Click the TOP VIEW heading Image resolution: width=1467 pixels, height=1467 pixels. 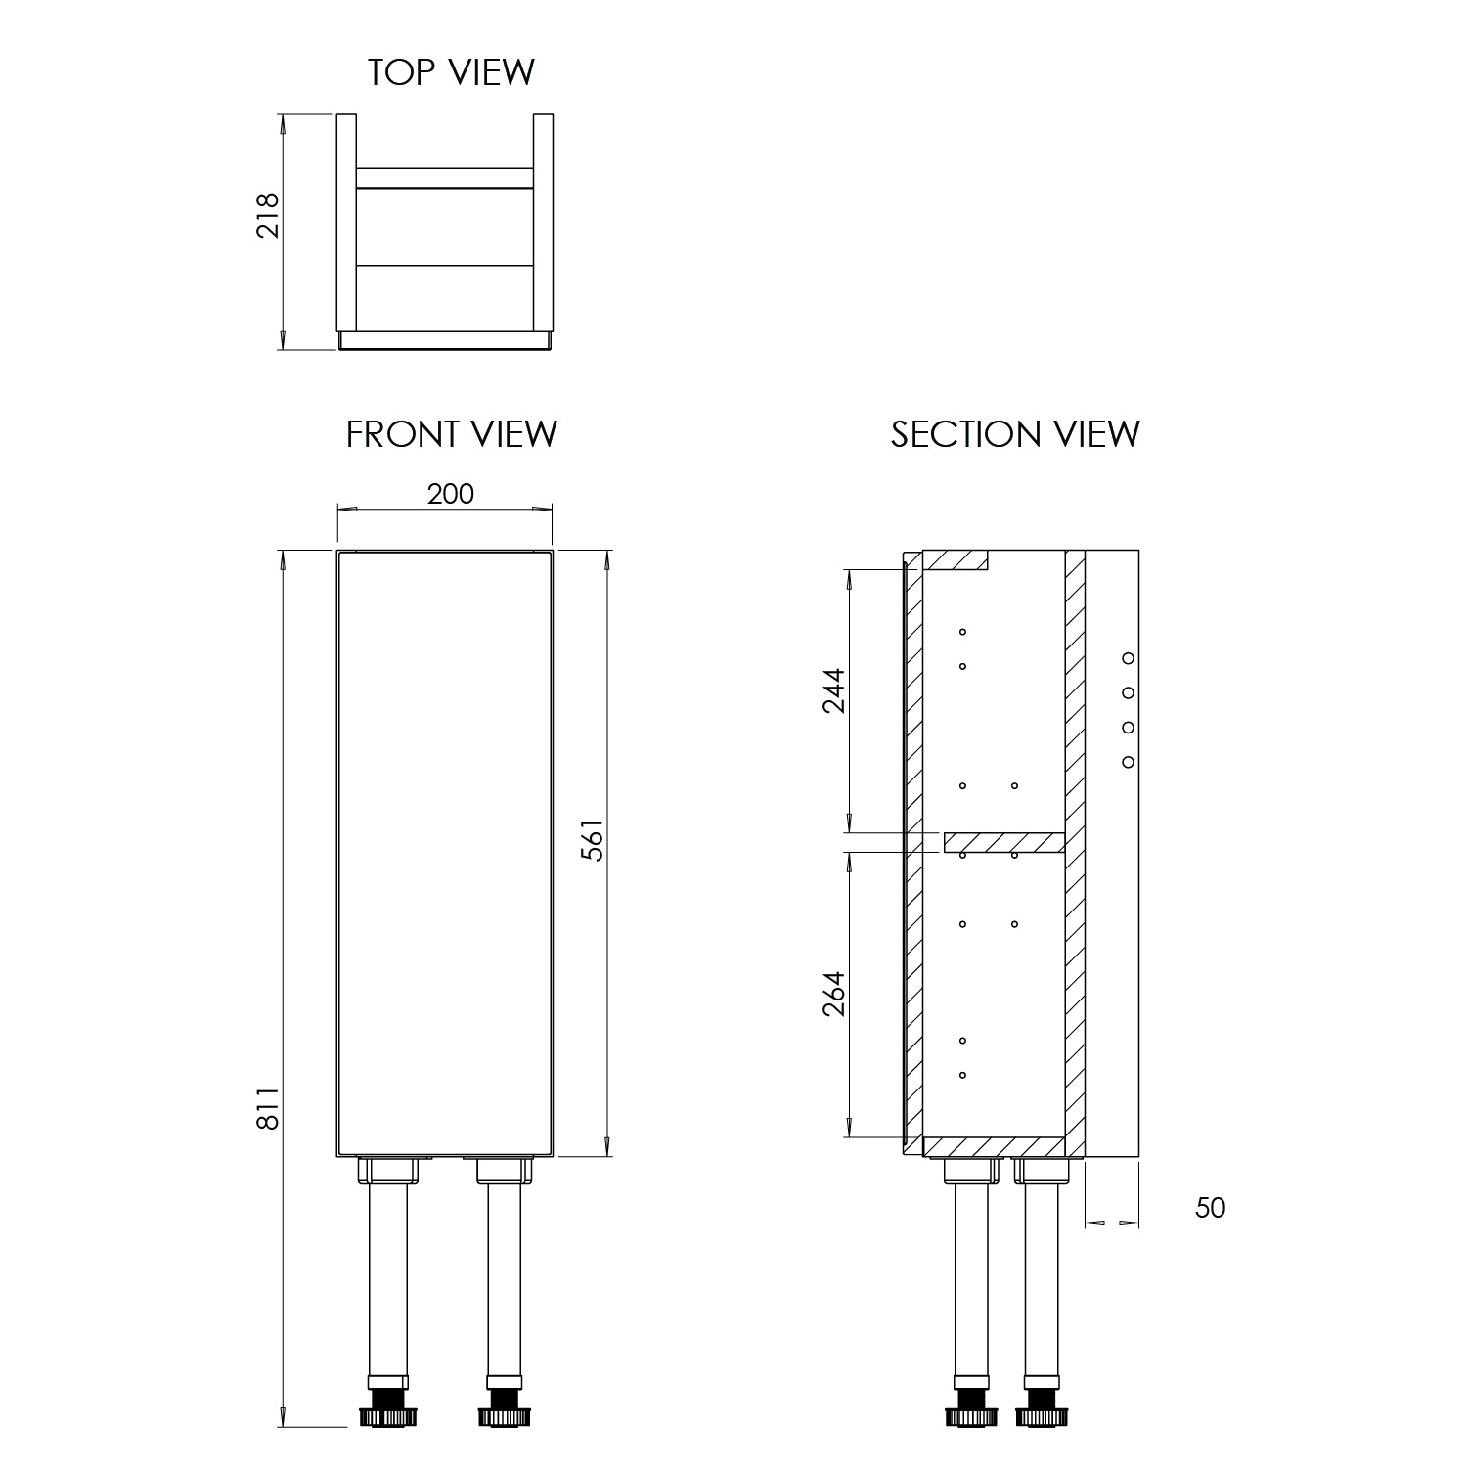(x=451, y=71)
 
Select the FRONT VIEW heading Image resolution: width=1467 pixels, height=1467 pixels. (x=451, y=433)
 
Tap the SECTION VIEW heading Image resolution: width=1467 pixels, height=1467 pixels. (x=1014, y=433)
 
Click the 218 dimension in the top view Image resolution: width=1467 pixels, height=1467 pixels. (x=267, y=215)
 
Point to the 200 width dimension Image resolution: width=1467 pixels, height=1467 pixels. (x=450, y=494)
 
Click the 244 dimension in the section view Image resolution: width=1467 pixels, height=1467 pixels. (x=832, y=690)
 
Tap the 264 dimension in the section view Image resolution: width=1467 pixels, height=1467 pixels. (x=832, y=994)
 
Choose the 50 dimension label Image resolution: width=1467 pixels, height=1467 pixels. (x=1210, y=1208)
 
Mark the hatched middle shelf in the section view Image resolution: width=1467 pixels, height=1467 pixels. (x=1003, y=842)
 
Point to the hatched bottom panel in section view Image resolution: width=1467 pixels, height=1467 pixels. (x=993, y=1146)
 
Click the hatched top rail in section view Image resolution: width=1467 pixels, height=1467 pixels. (x=956, y=559)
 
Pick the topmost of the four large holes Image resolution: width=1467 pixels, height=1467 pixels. (x=1127, y=658)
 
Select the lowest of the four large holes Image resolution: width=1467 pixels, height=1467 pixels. (x=1127, y=762)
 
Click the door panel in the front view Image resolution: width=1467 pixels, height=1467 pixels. (x=445, y=851)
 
